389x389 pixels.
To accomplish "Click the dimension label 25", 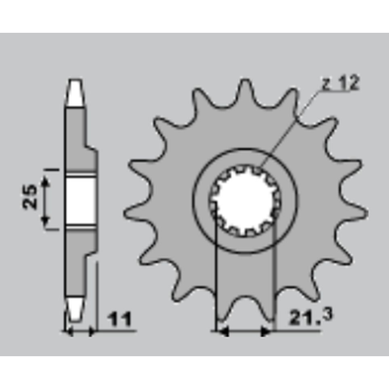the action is click(x=30, y=197).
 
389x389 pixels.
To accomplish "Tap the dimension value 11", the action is click(x=120, y=319).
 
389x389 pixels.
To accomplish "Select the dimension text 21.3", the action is click(x=311, y=317).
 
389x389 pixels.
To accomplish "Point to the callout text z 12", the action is click(x=340, y=83).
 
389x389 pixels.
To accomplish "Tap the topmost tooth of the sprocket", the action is click(x=245, y=92).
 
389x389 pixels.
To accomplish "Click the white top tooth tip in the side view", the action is click(x=76, y=93).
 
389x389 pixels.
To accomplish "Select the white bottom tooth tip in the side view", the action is click(x=74, y=309).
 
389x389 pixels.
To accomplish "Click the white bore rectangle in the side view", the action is click(x=81, y=201).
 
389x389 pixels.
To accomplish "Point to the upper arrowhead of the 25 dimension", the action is click(x=46, y=181).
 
